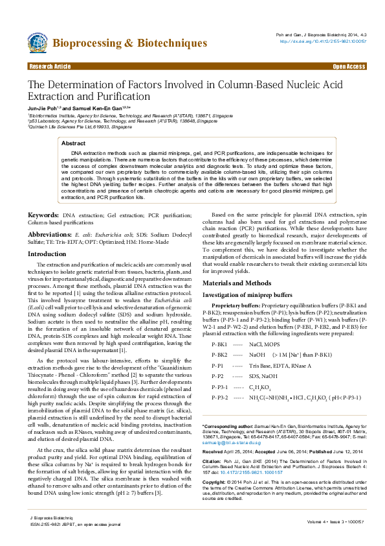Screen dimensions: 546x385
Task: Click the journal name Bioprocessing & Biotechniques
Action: point(129,43)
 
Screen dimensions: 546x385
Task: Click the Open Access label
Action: point(349,66)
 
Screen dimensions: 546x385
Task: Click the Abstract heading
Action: point(73,143)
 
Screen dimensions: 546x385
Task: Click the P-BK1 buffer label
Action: point(219,344)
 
